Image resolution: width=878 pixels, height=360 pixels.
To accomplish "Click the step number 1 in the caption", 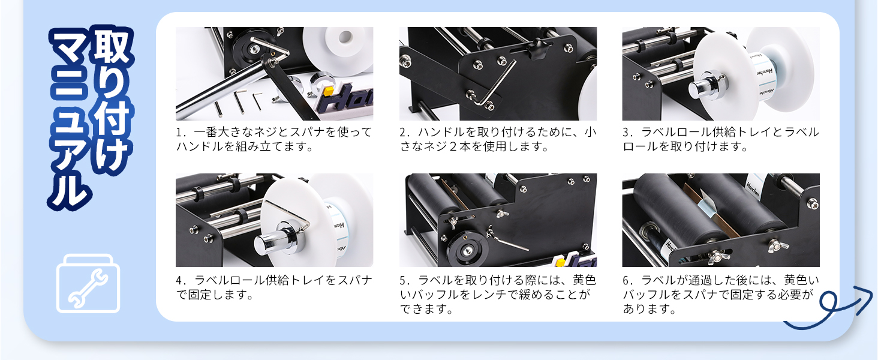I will (x=179, y=132).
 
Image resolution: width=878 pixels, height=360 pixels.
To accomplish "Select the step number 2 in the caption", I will (x=403, y=132).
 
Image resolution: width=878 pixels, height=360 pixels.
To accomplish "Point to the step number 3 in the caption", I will (x=626, y=132).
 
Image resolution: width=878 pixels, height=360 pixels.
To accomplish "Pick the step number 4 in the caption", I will (x=179, y=280).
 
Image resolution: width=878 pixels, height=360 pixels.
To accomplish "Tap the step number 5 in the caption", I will (x=403, y=280).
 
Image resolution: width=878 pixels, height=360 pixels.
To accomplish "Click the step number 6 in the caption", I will (x=626, y=280).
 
